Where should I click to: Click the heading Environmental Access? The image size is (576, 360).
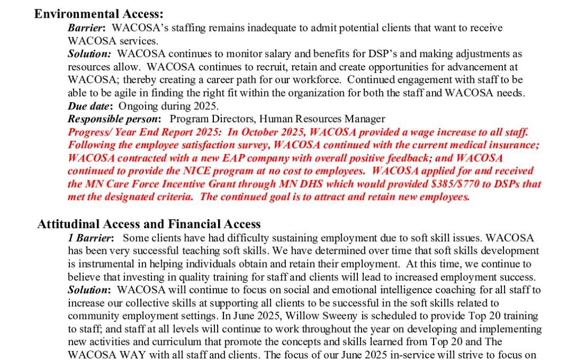click(x=99, y=14)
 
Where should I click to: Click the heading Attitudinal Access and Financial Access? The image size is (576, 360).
click(x=149, y=224)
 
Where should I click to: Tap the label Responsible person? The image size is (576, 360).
click(x=113, y=119)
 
